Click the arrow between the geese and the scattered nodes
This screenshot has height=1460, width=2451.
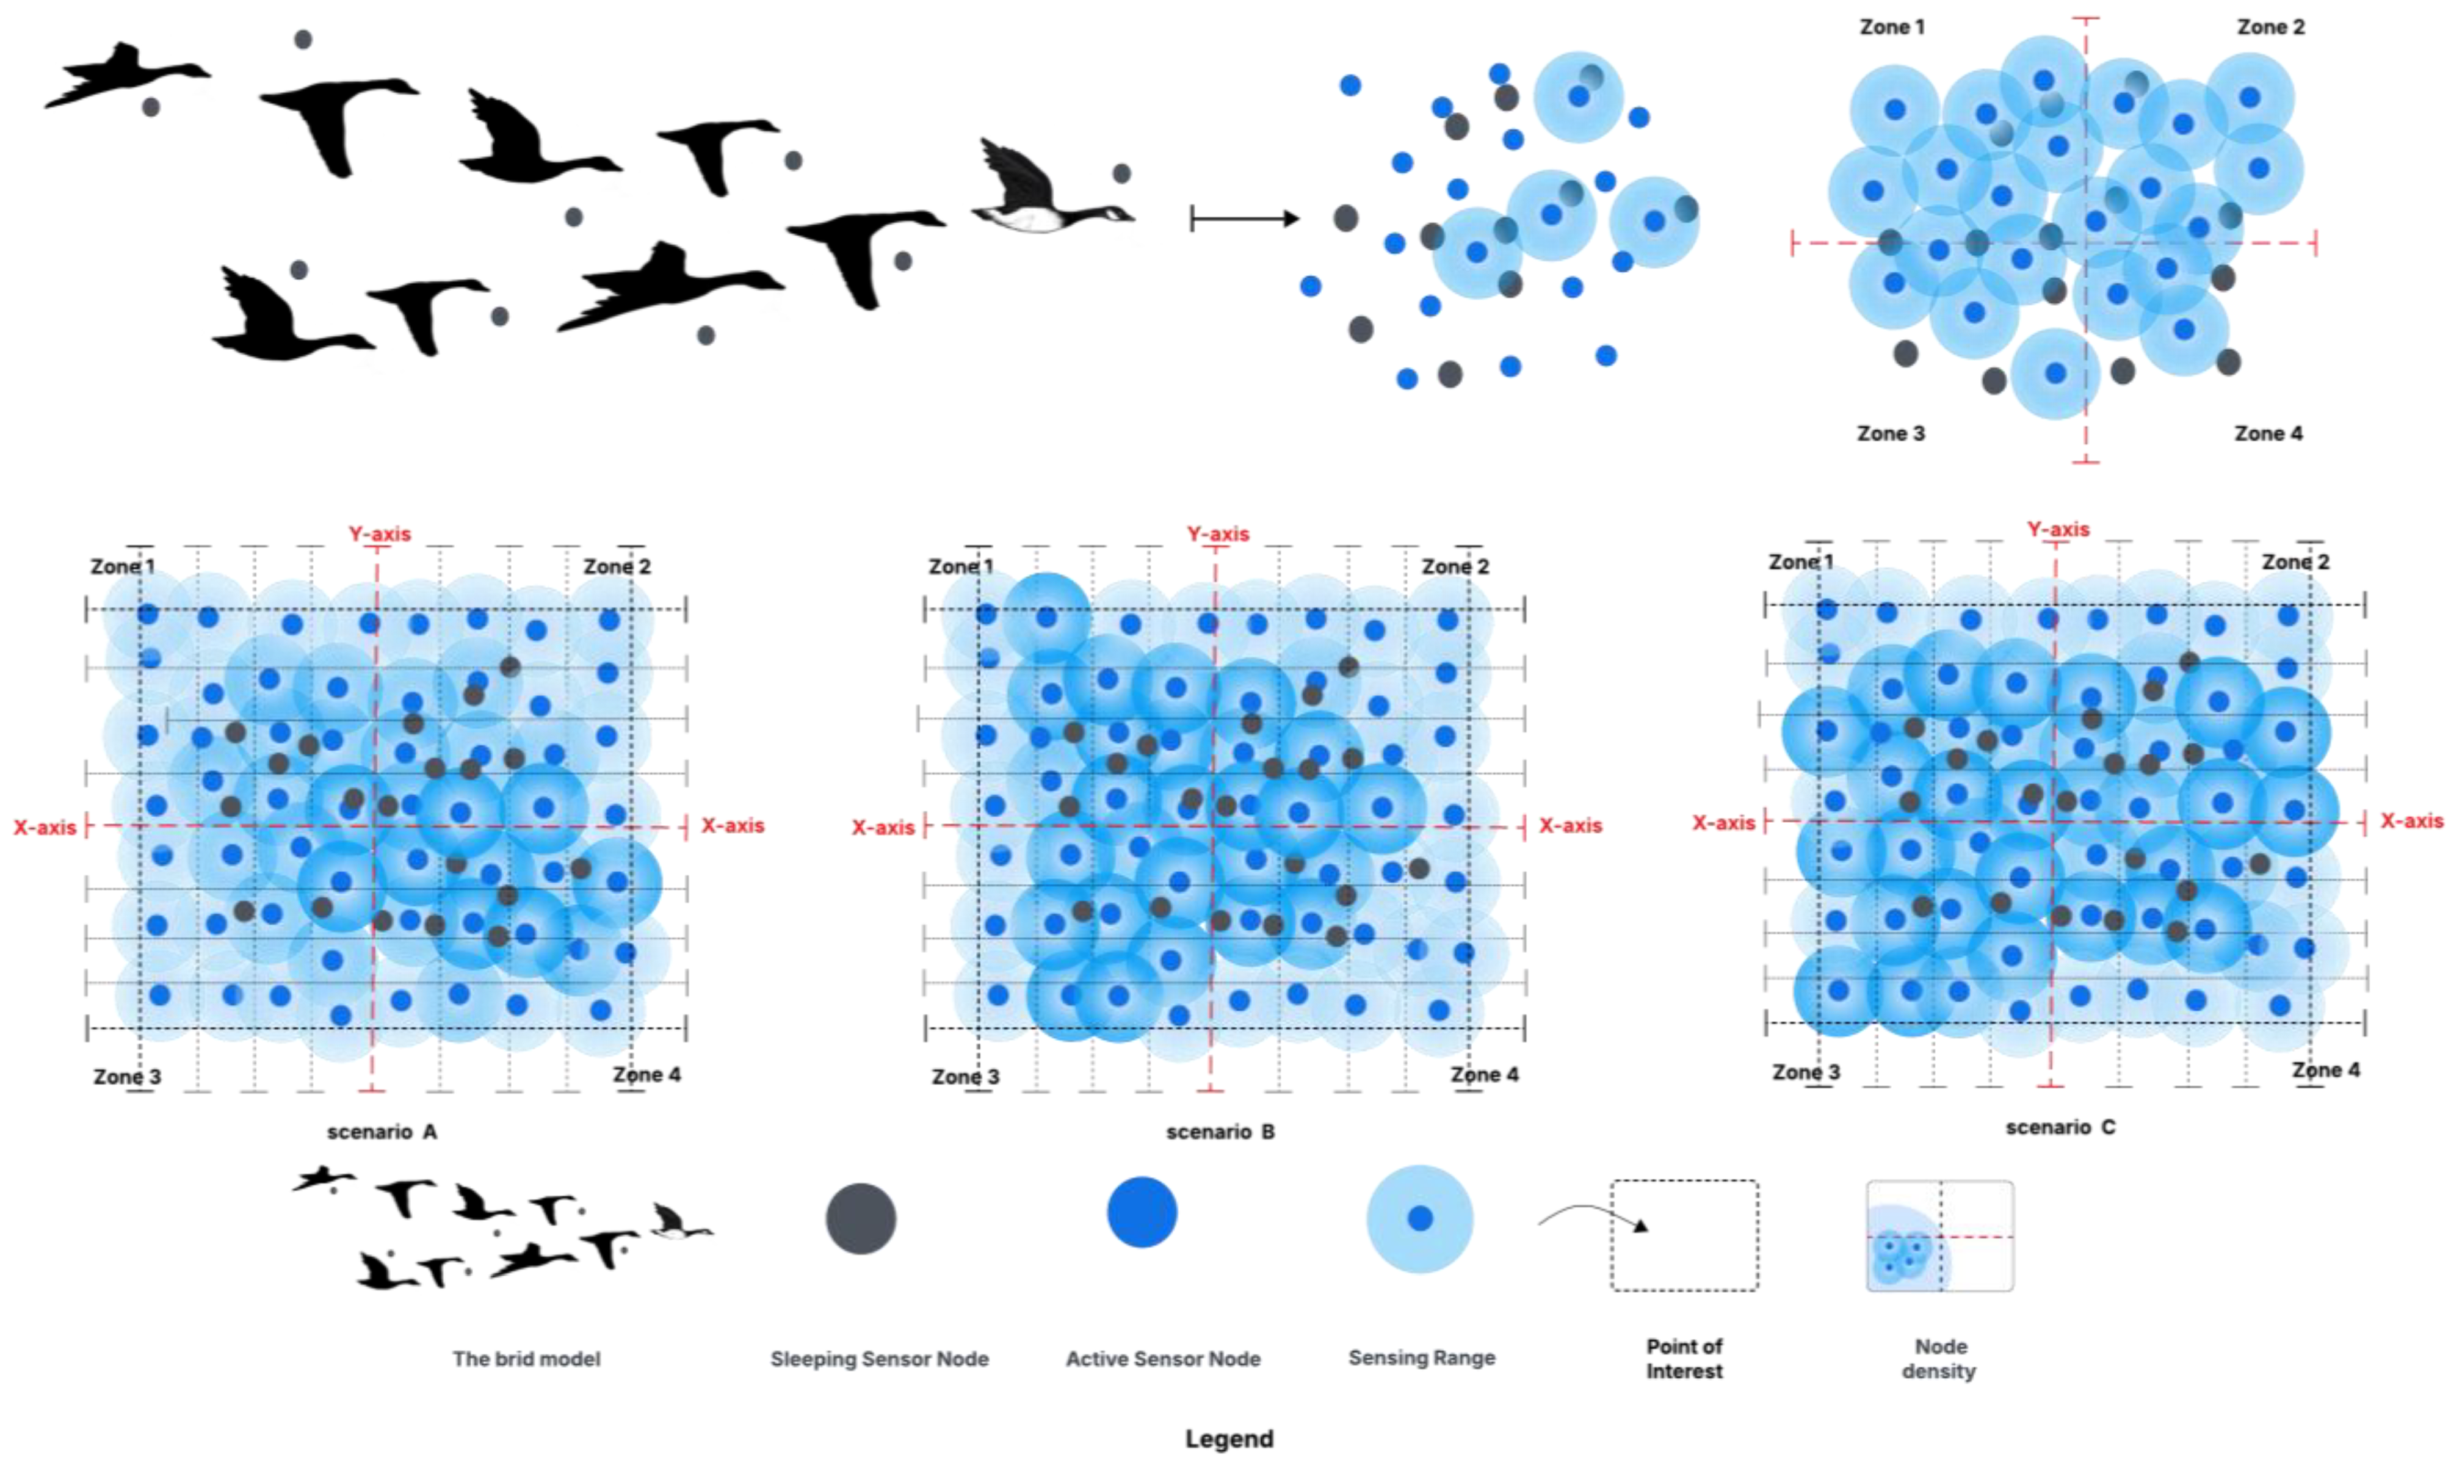(1245, 219)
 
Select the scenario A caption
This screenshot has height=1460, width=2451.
(382, 1132)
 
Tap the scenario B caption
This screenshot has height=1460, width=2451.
(1220, 1132)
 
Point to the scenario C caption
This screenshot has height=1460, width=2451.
(2060, 1127)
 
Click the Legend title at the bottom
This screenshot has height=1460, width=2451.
(1229, 1439)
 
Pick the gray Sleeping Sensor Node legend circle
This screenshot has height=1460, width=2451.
(861, 1218)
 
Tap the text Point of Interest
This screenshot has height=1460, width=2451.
(1684, 1359)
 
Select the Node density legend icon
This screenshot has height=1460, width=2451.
(1940, 1235)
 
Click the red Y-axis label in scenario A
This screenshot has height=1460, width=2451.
(380, 534)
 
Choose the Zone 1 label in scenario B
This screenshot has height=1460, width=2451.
(961, 566)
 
